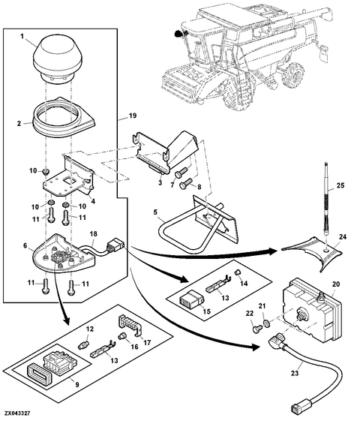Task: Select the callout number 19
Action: coord(132,116)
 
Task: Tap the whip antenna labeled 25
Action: coord(326,200)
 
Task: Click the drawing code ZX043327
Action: coord(17,413)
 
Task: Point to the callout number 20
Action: coord(336,284)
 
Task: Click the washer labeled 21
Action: coord(266,323)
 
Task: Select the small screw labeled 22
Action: coord(256,329)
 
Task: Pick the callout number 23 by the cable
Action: coord(295,373)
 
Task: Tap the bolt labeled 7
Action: coord(181,172)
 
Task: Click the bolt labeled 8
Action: coord(187,184)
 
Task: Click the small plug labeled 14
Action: coord(237,272)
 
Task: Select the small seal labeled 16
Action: coord(122,336)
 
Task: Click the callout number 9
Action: coord(77,384)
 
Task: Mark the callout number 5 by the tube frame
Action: coord(155,212)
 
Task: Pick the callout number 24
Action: coord(343,237)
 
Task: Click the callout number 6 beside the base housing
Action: coord(25,245)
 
